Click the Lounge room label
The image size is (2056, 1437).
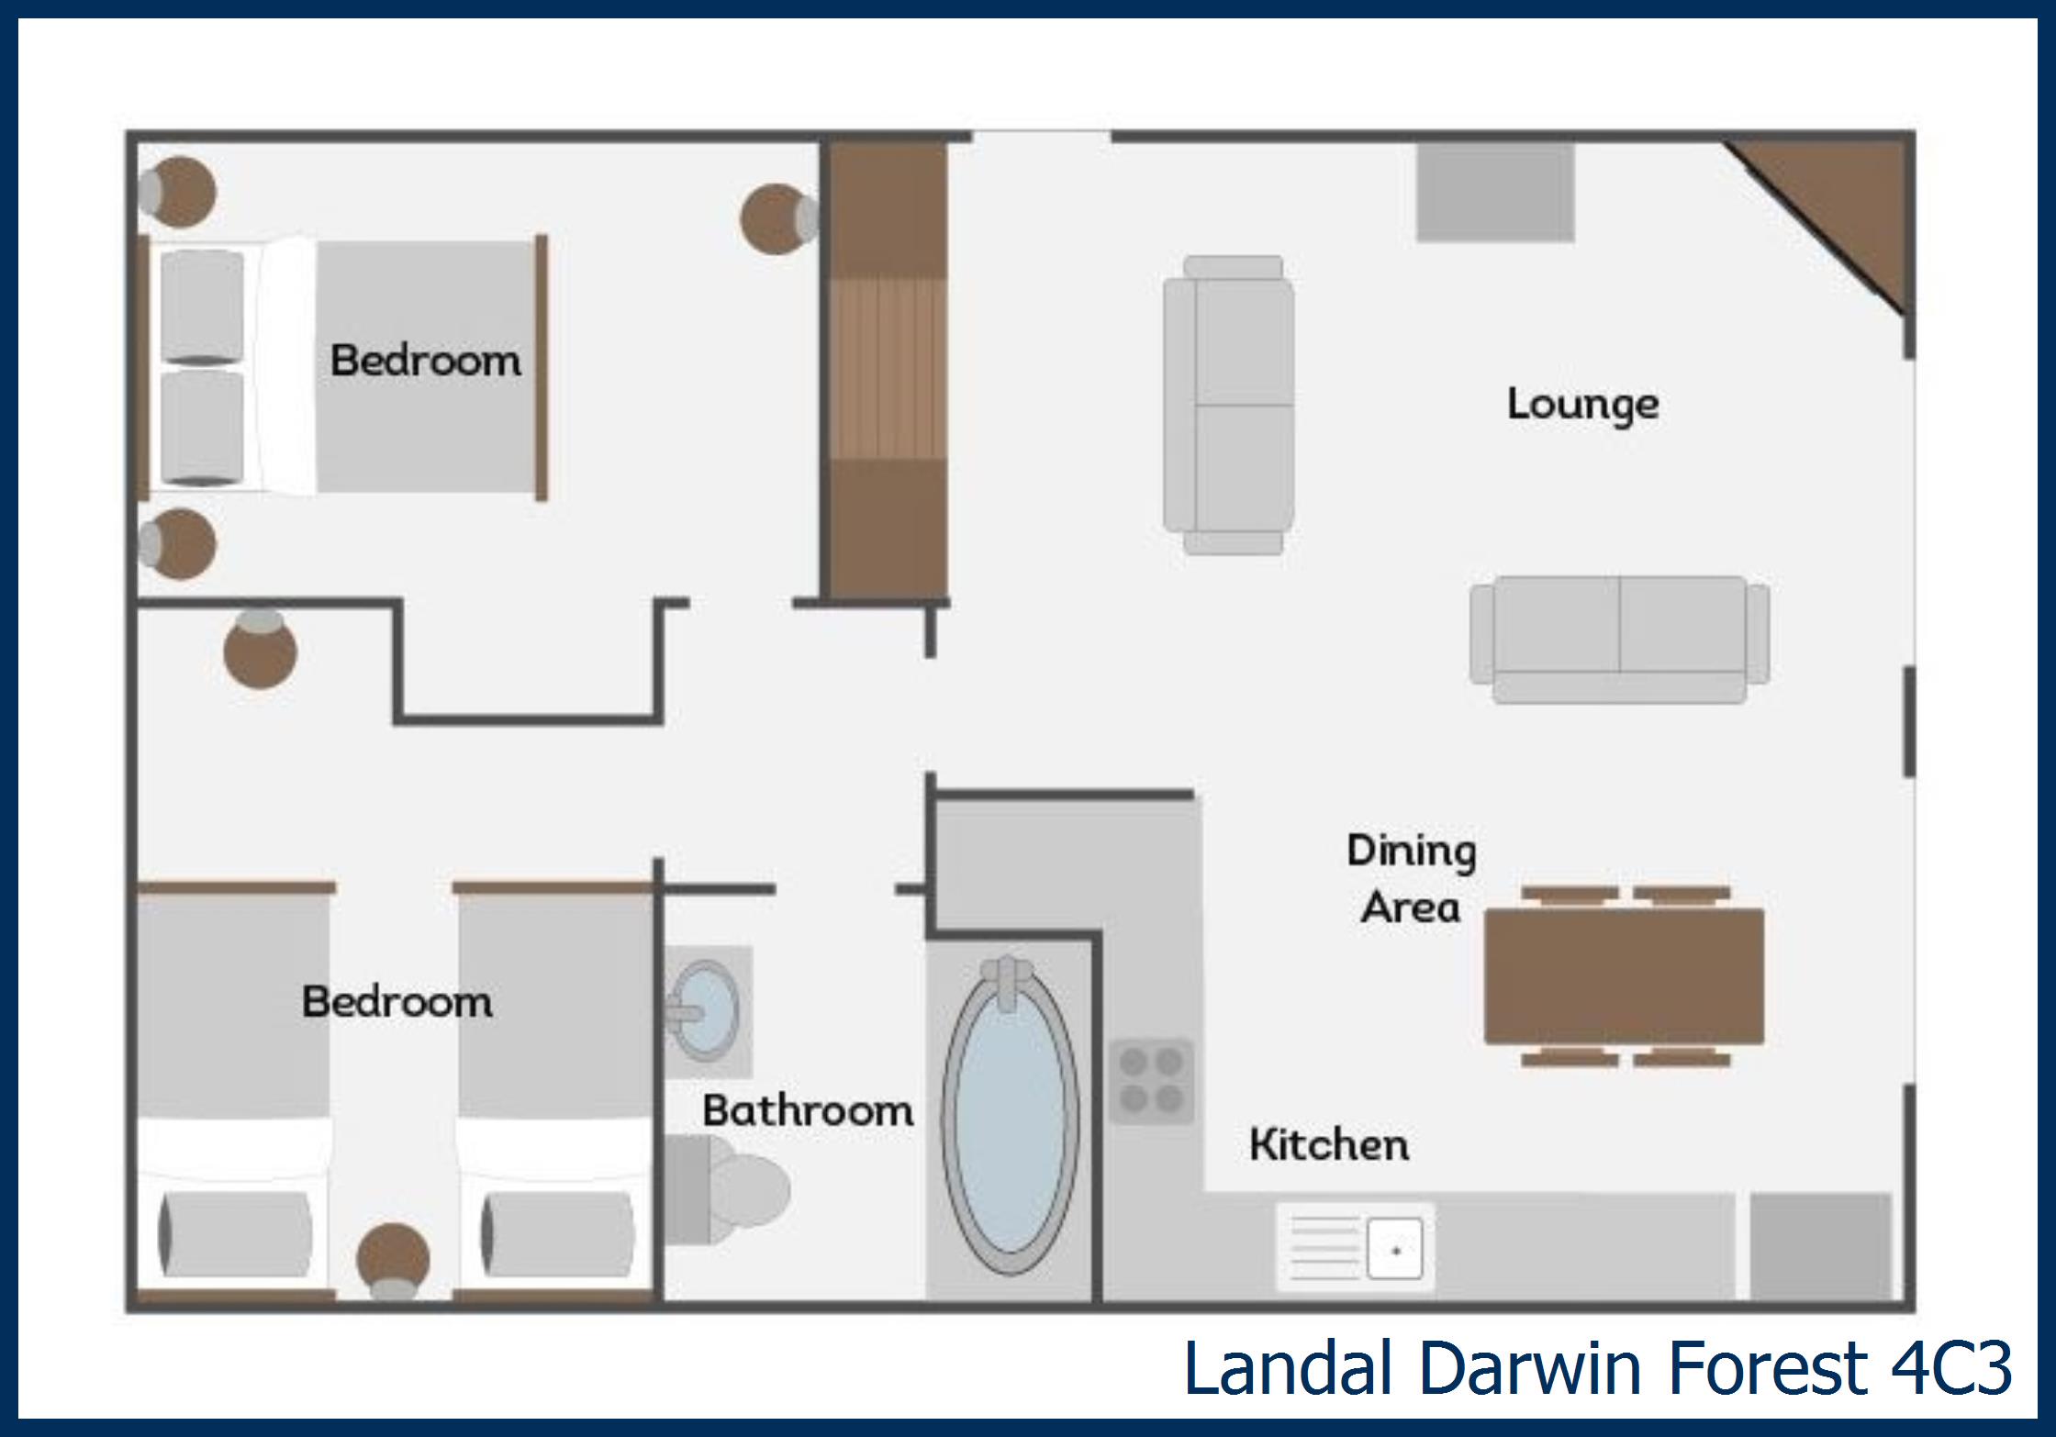click(1583, 405)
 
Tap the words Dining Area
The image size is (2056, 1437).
click(1412, 879)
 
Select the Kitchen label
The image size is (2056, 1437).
click(1329, 1145)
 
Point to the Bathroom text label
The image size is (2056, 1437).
click(808, 1111)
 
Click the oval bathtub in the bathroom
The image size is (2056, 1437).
click(1010, 1115)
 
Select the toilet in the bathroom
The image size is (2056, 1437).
click(725, 1189)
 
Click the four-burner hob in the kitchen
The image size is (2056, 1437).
click(1151, 1080)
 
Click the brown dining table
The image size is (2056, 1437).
click(1624, 976)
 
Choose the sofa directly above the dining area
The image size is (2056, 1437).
click(1619, 640)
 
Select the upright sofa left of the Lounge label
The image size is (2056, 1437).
click(1229, 405)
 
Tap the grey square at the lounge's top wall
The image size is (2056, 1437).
click(1495, 192)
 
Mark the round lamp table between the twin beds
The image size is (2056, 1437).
click(393, 1262)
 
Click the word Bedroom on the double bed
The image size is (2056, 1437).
click(426, 360)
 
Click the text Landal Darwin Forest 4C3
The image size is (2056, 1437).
click(1598, 1368)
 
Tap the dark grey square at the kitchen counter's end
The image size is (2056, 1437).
click(1821, 1246)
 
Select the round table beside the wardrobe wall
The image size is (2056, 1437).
click(778, 218)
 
